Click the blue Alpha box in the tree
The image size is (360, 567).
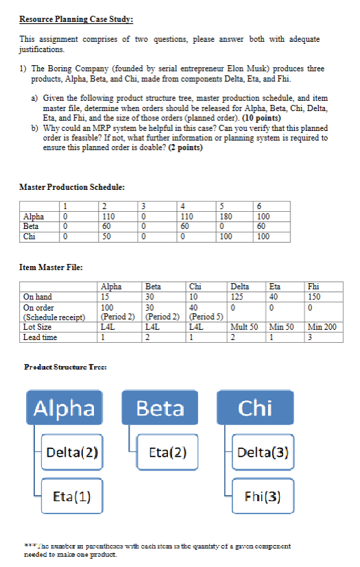pos(65,409)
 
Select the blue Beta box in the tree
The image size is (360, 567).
pos(160,409)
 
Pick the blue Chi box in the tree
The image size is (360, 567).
pos(255,409)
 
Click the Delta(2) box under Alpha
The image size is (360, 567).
pos(71,453)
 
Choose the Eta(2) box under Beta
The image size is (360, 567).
pos(169,453)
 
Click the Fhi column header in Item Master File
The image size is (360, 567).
pos(315,287)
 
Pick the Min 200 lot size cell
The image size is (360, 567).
pos(322,327)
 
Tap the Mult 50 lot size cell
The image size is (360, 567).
pos(244,327)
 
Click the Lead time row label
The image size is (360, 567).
pos(38,337)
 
